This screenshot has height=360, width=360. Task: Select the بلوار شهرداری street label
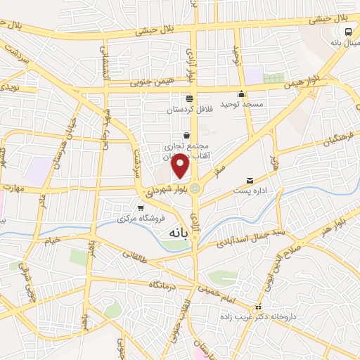169,188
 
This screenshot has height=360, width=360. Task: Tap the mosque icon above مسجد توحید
242,94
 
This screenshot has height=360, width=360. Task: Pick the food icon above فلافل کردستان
188,99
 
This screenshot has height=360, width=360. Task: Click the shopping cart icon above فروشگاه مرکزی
141,208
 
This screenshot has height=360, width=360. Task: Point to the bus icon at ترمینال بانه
348,32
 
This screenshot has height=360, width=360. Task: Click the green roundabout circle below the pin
195,188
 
